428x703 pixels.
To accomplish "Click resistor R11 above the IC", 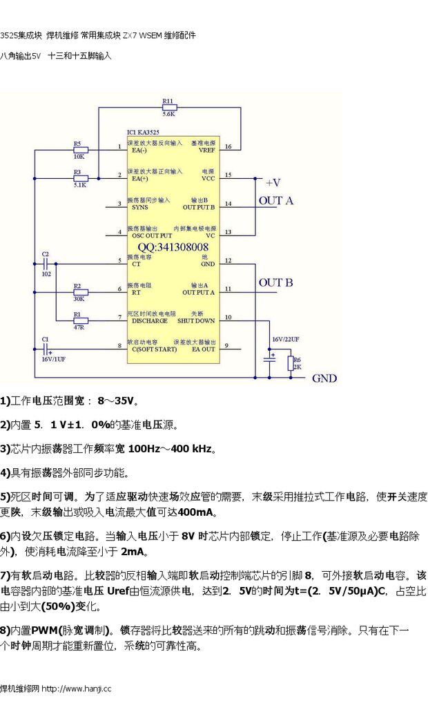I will click(x=169, y=107).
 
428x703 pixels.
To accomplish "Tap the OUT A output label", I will click(x=275, y=201).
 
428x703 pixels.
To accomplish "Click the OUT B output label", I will click(x=275, y=282).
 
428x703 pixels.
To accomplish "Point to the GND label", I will click(x=324, y=378).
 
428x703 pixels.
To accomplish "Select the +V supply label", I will click(x=273, y=182).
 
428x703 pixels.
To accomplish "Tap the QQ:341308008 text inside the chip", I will click(x=173, y=247).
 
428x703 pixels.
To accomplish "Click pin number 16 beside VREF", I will click(x=228, y=146).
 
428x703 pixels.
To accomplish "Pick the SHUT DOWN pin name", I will click(x=196, y=320).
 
